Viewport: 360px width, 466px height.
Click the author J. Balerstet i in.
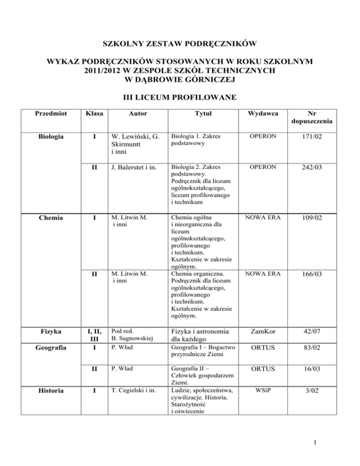point(136,166)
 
